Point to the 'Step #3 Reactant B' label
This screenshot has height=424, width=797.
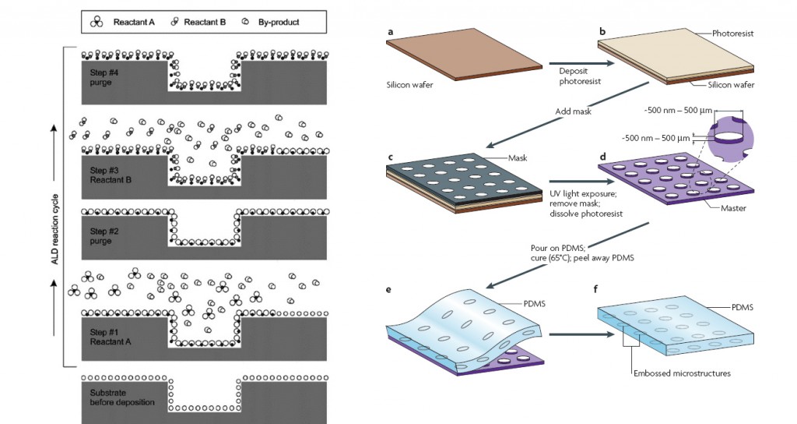111,175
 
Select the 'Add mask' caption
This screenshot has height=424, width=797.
572,111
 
